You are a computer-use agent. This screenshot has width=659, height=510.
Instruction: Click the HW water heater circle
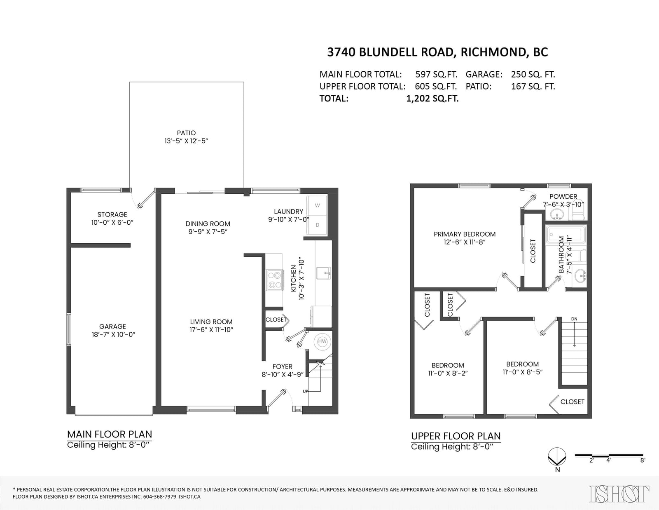click(x=322, y=341)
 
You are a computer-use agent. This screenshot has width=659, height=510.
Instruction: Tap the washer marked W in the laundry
click(x=317, y=205)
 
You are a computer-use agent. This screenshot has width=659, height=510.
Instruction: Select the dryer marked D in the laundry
click(x=317, y=225)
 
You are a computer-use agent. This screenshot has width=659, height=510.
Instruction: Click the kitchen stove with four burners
click(x=274, y=280)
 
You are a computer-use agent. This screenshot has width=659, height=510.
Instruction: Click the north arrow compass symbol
click(x=557, y=456)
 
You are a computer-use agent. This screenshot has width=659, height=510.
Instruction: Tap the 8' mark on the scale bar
click(x=643, y=460)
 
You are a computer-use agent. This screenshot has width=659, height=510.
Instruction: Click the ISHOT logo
click(x=619, y=494)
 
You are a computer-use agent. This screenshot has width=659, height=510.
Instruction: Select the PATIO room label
click(x=186, y=133)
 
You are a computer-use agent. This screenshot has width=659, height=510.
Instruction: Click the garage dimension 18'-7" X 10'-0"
click(x=113, y=334)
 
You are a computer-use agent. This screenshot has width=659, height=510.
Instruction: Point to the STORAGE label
click(x=112, y=214)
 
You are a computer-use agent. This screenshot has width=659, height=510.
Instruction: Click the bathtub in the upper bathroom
click(x=564, y=236)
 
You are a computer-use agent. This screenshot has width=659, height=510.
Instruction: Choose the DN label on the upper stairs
click(x=574, y=319)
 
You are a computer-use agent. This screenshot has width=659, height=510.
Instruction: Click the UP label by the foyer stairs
click(x=305, y=391)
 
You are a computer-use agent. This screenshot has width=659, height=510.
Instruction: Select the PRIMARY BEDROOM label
click(x=465, y=234)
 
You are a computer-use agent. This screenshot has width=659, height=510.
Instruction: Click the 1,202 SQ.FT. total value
click(x=432, y=99)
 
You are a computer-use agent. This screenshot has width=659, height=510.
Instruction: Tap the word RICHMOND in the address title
click(x=493, y=52)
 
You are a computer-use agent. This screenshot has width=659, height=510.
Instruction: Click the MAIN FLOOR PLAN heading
click(x=110, y=435)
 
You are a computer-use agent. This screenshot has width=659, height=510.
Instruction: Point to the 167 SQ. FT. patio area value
click(x=533, y=87)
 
